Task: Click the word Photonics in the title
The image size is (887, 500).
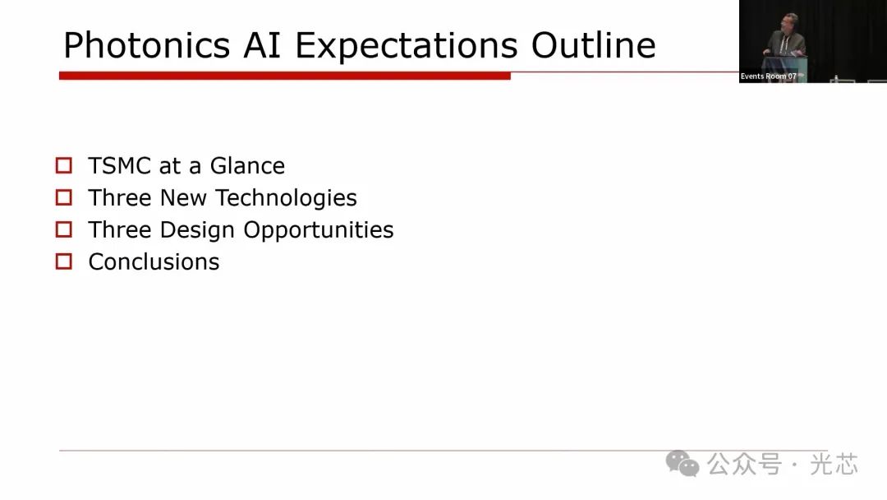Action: tap(146, 46)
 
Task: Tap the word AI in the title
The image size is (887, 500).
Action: tap(262, 45)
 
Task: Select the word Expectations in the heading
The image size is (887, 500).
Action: tap(407, 46)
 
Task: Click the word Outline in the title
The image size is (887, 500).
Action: tap(594, 45)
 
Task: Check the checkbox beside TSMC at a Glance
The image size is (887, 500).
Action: tap(64, 165)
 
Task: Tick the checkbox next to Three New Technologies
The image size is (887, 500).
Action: tap(64, 197)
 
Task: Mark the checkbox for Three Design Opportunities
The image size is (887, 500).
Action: tap(64, 229)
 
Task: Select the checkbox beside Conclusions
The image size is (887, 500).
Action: tap(64, 262)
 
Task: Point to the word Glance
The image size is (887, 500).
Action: tap(247, 166)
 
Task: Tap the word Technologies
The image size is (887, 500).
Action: tap(287, 198)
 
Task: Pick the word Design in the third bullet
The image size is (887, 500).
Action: tap(197, 230)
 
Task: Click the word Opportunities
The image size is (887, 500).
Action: tap(319, 230)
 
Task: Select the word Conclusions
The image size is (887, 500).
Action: tap(154, 262)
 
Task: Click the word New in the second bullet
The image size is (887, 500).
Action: tap(182, 198)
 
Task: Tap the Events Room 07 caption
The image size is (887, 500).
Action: tap(768, 76)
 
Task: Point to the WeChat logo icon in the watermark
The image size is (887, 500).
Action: tap(682, 464)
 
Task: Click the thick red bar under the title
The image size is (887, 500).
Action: tap(284, 76)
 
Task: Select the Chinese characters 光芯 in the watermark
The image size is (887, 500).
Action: tap(834, 465)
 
